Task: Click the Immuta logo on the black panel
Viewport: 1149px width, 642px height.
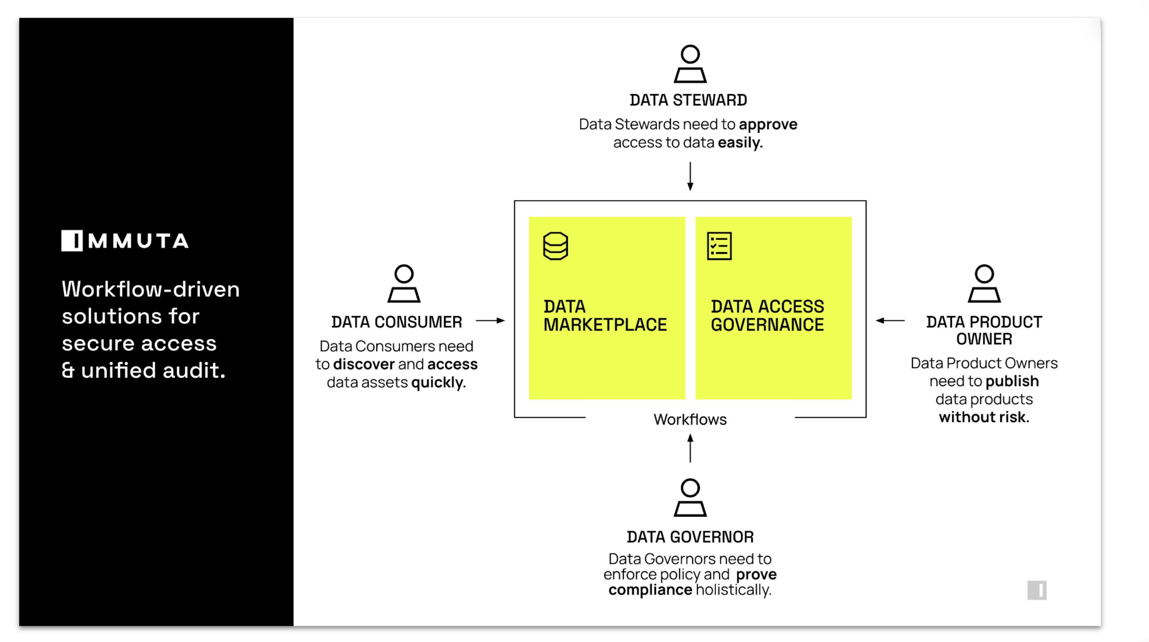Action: pos(125,241)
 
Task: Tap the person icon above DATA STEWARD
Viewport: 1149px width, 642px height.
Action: pos(690,64)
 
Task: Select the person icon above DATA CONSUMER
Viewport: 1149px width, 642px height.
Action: pos(404,284)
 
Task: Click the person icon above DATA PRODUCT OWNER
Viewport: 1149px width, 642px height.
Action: pos(984,284)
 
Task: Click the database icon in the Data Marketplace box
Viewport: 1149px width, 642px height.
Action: pos(555,246)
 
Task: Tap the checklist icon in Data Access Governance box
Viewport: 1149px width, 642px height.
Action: pos(719,246)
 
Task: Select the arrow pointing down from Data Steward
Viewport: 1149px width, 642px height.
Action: pos(690,177)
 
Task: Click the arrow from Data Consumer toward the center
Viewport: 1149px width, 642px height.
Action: pos(490,320)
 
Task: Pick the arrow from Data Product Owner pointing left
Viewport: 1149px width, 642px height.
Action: pos(890,320)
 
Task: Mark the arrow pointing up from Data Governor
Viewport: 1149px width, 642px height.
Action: pos(690,448)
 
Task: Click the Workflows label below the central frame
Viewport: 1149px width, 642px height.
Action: pos(690,419)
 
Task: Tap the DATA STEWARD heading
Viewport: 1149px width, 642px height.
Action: pos(688,100)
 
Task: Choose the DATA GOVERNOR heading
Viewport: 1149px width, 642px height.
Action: pos(690,537)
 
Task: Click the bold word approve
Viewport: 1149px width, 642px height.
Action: pos(768,124)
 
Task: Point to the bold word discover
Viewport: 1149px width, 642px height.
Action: pos(363,364)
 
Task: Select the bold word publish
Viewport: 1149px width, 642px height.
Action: pos(1012,381)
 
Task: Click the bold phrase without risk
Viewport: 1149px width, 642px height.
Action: pos(984,417)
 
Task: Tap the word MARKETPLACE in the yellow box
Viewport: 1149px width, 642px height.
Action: pos(605,325)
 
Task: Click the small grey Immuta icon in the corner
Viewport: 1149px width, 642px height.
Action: pos(1037,590)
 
